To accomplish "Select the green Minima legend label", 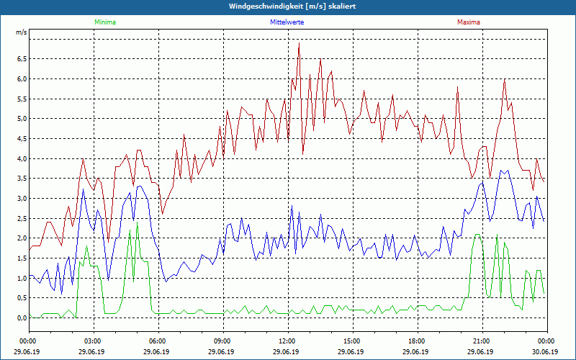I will click(x=104, y=22).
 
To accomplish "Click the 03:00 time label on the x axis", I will click(x=93, y=341).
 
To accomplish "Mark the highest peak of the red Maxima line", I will click(x=299, y=43).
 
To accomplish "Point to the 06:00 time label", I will click(x=158, y=341).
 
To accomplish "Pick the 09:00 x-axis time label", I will click(x=222, y=341).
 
